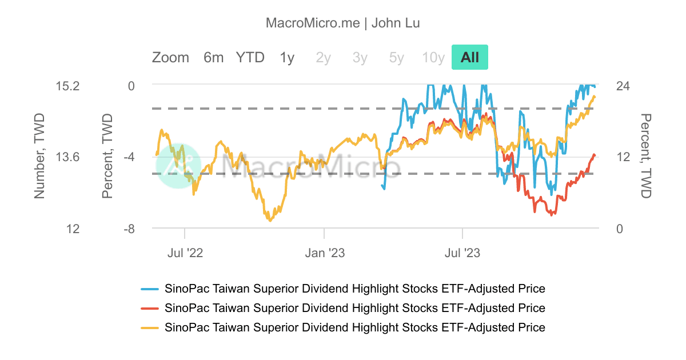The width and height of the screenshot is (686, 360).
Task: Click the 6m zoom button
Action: pos(213,58)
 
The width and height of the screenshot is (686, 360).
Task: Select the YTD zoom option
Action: pos(250,58)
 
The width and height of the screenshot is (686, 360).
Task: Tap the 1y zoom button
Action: pos(287,58)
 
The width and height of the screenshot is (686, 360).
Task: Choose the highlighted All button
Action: pos(470,58)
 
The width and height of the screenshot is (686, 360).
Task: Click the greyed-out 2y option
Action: pos(324,58)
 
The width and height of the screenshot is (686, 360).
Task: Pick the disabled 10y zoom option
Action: pos(433,58)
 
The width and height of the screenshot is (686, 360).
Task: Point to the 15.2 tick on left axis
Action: pos(67,86)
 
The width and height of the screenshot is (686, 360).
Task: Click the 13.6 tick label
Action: pos(67,157)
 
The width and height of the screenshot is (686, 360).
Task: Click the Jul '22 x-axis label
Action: pos(185,253)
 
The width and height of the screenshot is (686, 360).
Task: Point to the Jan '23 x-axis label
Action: pos(324,253)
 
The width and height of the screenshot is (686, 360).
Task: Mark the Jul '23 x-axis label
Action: pos(462,253)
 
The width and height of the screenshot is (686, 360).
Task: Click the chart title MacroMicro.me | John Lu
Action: pos(343,23)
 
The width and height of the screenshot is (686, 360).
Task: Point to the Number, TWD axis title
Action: pos(39,157)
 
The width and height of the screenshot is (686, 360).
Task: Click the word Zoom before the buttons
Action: pos(170,58)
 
